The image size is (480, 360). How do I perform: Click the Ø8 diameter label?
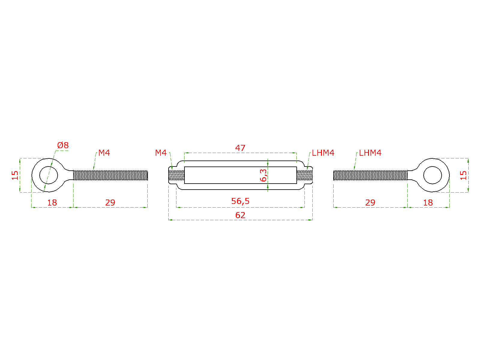[x=63, y=145]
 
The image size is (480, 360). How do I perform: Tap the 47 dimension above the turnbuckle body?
[x=240, y=148]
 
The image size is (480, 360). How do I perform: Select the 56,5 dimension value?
[x=240, y=201]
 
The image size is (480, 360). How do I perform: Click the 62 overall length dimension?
[x=240, y=215]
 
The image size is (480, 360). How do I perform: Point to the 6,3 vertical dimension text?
[x=263, y=175]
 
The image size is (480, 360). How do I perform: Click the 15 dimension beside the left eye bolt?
[x=15, y=175]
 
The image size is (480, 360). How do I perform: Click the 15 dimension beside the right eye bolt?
[x=463, y=175]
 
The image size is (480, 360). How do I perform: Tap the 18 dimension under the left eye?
[x=52, y=202]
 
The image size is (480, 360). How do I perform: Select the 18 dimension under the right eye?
[x=428, y=202]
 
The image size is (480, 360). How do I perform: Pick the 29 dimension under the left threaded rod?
[x=110, y=202]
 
